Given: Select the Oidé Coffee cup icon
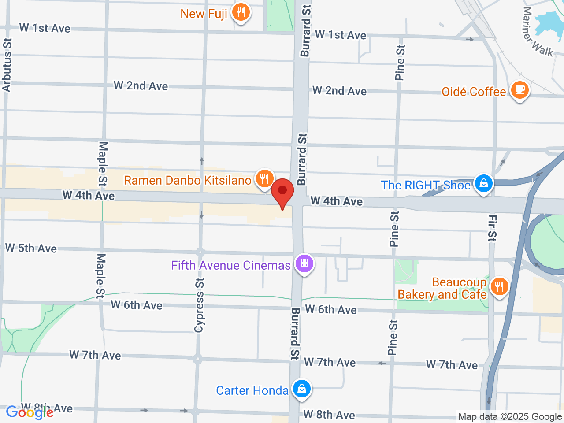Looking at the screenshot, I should (519, 89).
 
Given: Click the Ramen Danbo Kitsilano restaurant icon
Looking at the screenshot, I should (264, 178).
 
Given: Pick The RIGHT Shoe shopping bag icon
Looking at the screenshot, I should (483, 183).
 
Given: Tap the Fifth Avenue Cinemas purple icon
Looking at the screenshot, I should (304, 263).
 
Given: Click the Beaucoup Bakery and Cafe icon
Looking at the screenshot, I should (499, 287).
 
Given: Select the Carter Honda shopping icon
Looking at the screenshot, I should (301, 389).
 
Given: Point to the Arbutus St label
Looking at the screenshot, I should (7, 65).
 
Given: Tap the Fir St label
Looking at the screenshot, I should (492, 228).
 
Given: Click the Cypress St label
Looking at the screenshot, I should (199, 305).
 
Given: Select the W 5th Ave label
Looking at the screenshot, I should (31, 248).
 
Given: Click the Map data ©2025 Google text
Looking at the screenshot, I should (510, 416).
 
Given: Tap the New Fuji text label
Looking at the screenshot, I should (204, 14).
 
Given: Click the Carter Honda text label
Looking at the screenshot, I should (252, 390).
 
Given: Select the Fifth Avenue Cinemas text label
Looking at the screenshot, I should (230, 265).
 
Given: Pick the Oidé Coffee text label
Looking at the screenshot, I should (474, 92).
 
